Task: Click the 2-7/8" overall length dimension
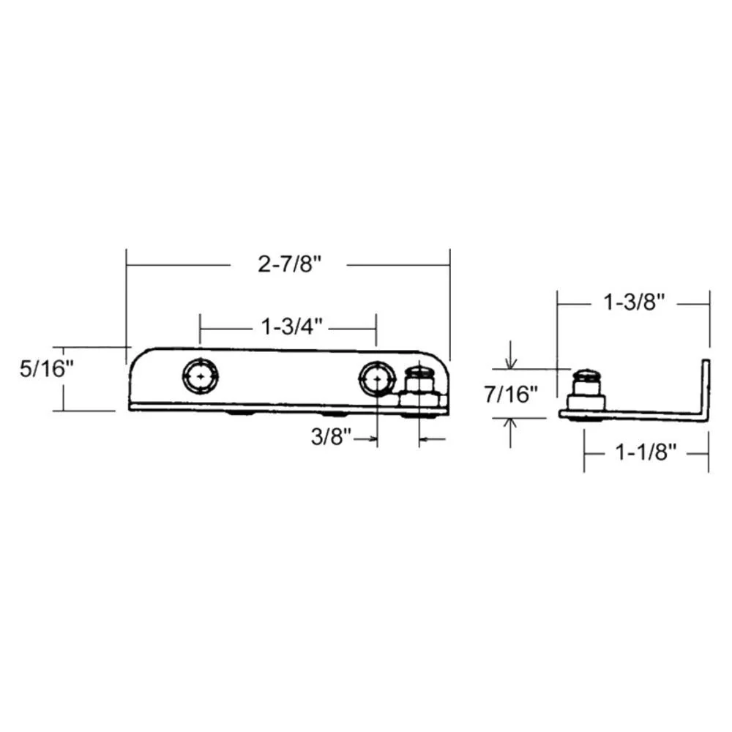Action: (x=290, y=265)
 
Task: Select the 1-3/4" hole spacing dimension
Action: (x=291, y=326)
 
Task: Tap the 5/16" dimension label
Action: (x=47, y=369)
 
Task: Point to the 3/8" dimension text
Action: (x=331, y=438)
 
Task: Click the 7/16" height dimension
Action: (x=511, y=395)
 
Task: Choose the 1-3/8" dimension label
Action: (x=633, y=302)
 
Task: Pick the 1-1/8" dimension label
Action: (x=646, y=452)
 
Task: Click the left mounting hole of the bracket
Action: (x=201, y=376)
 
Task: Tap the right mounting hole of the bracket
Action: (x=376, y=378)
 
